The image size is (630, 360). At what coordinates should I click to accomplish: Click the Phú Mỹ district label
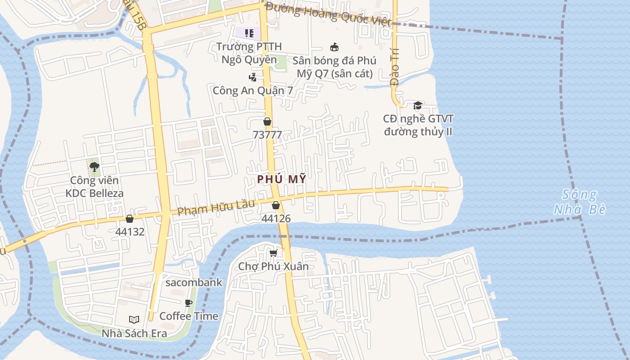pos(282,179)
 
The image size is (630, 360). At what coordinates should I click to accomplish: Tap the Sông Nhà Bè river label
pos(580,202)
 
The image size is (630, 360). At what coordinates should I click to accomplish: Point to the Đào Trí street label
pos(395,67)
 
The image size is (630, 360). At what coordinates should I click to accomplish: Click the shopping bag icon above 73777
pos(267,121)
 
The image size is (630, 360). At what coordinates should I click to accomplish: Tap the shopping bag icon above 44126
pos(276,205)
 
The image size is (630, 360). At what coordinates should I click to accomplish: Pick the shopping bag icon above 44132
pos(130,219)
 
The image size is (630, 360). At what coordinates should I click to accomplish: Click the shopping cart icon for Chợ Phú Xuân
pos(273,253)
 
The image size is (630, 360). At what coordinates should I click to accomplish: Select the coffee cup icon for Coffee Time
pos(189,303)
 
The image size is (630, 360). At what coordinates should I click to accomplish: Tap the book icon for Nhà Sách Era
pos(134,319)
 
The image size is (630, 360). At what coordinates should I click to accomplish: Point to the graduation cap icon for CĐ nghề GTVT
pos(418,105)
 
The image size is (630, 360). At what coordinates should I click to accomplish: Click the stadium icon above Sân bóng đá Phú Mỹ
pos(334,47)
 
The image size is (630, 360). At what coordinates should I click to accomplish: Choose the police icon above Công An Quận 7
pos(252,77)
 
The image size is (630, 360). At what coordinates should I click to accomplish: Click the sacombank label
pos(194,283)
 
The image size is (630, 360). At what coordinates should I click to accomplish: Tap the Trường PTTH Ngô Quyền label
pos(249,53)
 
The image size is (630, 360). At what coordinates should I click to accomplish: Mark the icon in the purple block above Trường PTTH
pos(249,33)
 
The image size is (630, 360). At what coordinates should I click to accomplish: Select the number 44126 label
pos(276,219)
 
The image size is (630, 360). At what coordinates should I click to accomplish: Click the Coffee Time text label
pos(189,316)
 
